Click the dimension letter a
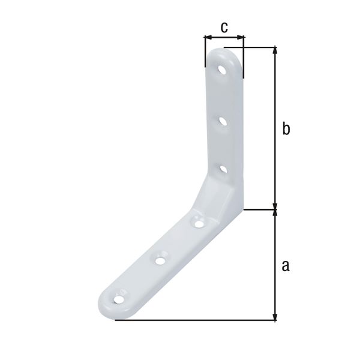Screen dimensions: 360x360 point(286,265)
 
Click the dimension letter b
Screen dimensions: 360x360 point(286,129)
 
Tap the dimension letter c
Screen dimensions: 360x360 point(224,27)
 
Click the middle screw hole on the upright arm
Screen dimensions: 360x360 point(223,121)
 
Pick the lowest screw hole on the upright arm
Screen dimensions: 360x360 point(222,170)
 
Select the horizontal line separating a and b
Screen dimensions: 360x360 point(261,209)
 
